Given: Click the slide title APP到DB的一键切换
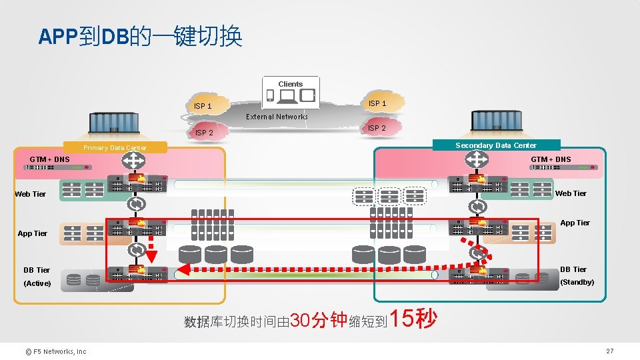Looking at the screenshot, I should pyautogui.click(x=140, y=36).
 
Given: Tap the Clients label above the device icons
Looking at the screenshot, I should pyautogui.click(x=291, y=84).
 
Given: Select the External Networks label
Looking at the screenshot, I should pyautogui.click(x=277, y=117).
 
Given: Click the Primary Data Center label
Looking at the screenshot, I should pyautogui.click(x=115, y=148).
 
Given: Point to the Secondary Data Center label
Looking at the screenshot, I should pyautogui.click(x=496, y=145).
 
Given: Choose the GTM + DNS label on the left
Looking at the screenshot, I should pyautogui.click(x=49, y=160).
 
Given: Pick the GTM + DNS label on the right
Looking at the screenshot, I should pyautogui.click(x=551, y=159).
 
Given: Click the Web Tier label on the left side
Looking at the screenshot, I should pyautogui.click(x=31, y=194).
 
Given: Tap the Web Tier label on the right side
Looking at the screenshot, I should pyautogui.click(x=571, y=193).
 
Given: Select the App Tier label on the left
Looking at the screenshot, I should pyautogui.click(x=33, y=233).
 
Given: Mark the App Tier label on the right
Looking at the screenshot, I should pyautogui.click(x=575, y=223).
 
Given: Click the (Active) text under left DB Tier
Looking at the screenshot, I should pyautogui.click(x=37, y=283).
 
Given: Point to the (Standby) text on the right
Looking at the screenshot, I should pyautogui.click(x=577, y=282).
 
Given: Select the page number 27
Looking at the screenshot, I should pyautogui.click(x=609, y=351).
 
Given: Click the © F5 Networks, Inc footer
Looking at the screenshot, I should pyautogui.click(x=56, y=351).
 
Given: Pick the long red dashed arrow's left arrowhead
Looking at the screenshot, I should pyautogui.click(x=185, y=270).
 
